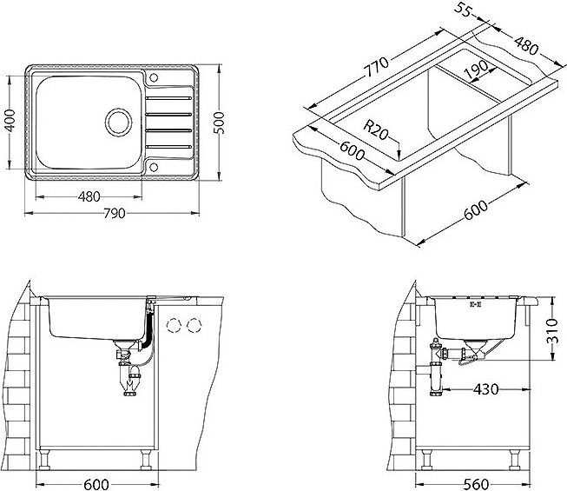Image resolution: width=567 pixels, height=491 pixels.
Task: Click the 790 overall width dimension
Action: (115, 214)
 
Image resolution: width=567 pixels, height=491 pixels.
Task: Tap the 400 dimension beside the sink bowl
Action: (10, 121)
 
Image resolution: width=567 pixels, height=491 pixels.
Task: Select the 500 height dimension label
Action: (219, 123)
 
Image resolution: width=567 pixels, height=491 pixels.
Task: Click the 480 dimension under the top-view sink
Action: (89, 196)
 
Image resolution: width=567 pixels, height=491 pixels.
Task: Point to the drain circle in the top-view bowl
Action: (118, 123)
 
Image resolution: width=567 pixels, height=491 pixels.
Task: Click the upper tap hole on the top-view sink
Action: (154, 77)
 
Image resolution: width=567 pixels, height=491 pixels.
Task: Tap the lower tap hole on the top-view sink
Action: (154, 167)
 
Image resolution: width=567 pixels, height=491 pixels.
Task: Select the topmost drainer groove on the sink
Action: (168, 98)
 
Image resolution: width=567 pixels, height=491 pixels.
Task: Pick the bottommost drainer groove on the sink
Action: (168, 147)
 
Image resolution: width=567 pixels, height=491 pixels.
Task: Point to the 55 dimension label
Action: (463, 10)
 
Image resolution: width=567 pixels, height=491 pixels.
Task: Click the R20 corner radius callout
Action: (375, 130)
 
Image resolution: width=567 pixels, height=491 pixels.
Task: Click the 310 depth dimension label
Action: (552, 331)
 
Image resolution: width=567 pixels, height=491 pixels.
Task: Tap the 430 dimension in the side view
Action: (485, 389)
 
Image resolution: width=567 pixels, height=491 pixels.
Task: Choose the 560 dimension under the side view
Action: (476, 484)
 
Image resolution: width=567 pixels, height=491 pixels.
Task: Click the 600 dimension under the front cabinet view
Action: (96, 484)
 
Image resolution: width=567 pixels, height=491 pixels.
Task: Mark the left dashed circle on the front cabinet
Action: (174, 325)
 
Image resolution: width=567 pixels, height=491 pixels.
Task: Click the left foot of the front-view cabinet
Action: (44, 459)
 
